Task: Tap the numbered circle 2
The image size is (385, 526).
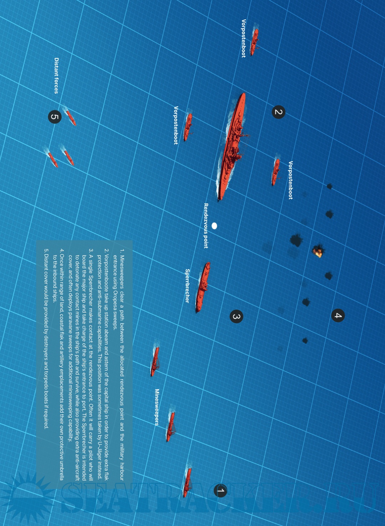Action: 278,112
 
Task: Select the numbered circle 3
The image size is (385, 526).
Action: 236,316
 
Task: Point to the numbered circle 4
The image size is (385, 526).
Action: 338,315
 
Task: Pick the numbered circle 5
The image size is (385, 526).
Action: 55,117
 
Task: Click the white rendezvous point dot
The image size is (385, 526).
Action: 214,226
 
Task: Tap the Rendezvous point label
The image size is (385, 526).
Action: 206,226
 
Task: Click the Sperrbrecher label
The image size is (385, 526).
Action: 187,286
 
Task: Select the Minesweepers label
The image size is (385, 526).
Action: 157,407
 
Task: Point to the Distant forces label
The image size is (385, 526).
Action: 56,76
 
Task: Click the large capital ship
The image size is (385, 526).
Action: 231,147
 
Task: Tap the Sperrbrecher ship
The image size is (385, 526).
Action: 203,287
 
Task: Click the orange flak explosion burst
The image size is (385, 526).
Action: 318,251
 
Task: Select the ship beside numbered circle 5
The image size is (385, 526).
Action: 71,118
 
